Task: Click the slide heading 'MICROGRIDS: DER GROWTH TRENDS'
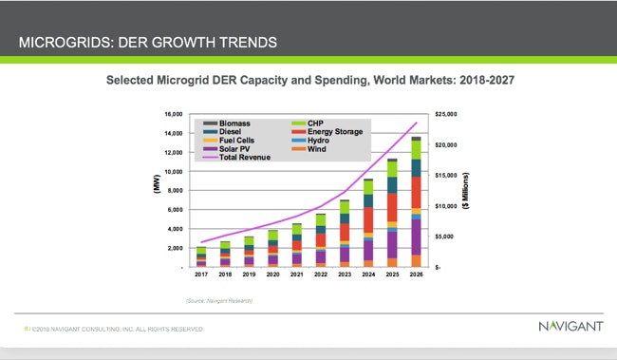(149, 42)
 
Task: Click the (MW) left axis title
(158, 189)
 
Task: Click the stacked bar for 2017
(201, 256)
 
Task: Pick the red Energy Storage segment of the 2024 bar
(368, 219)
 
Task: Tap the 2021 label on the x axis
(297, 275)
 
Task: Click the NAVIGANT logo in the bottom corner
(570, 328)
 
